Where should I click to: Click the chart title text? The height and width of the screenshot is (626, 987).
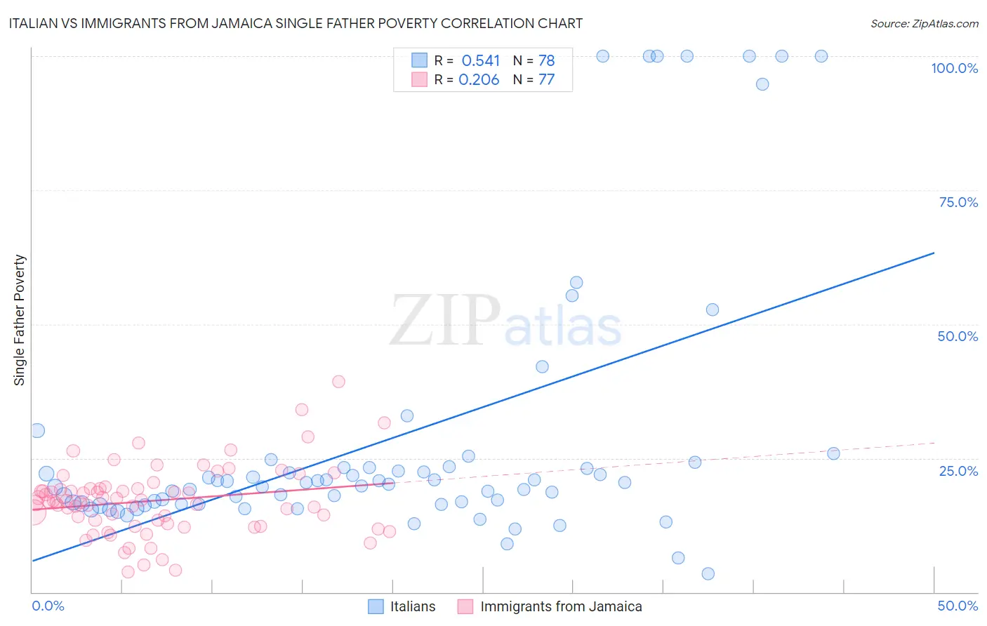point(296,23)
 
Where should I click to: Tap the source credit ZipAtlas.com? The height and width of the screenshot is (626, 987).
point(924,23)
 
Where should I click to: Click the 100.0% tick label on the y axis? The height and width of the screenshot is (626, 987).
point(954,68)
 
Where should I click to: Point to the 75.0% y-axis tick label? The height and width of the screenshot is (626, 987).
point(958,202)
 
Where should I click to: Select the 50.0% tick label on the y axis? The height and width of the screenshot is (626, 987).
point(958,336)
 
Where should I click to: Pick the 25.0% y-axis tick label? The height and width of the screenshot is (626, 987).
point(958,471)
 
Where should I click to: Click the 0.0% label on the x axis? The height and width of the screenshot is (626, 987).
point(48,606)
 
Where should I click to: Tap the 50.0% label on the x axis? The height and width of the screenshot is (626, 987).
point(958,606)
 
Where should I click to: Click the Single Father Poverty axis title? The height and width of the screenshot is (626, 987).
point(20,320)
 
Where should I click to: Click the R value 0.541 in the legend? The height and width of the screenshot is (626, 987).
point(481,60)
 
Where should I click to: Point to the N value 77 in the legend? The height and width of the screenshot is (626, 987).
point(546,79)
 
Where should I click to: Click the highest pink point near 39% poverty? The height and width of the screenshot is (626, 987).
point(338,382)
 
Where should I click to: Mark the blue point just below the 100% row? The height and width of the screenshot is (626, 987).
point(762,84)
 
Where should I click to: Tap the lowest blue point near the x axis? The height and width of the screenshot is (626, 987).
point(708,574)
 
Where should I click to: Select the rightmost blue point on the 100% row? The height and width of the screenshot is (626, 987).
point(821,56)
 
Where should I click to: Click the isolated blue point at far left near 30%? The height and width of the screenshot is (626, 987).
point(38,431)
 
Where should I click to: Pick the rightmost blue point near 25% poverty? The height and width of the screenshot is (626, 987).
point(833,453)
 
